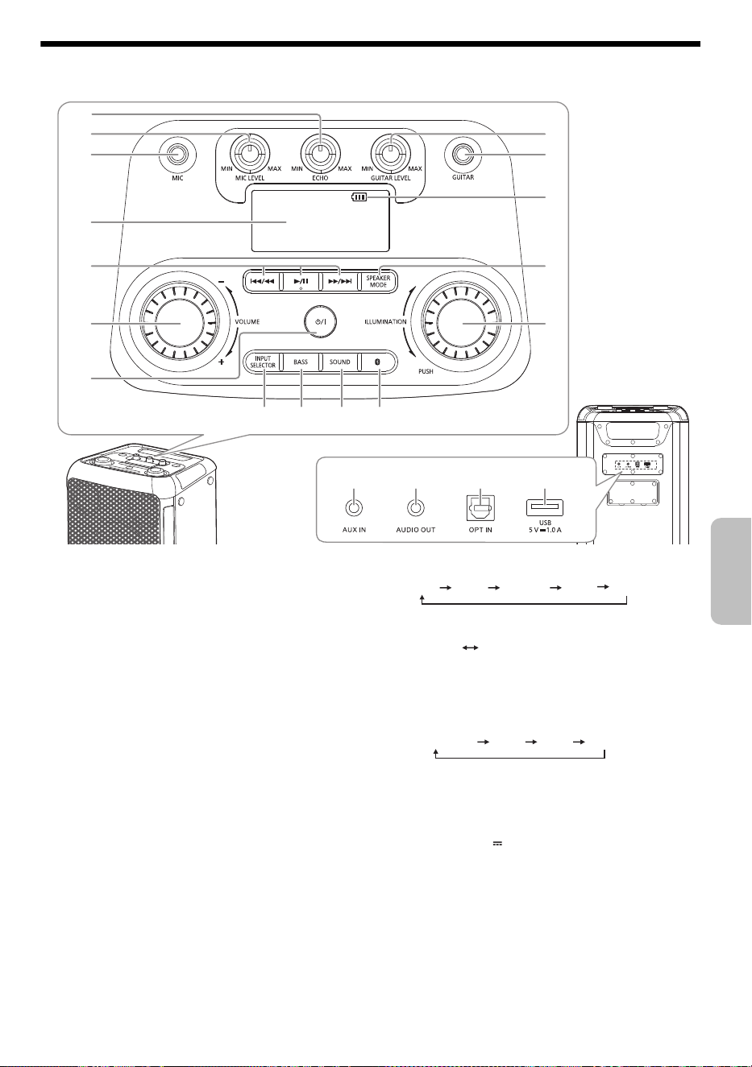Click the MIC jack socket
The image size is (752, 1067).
pos(178,155)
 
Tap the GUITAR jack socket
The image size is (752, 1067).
pos(463,155)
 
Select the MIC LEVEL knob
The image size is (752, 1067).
pos(249,153)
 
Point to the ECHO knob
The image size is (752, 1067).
pos(321,153)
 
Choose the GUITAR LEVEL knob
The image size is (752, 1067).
pos(391,153)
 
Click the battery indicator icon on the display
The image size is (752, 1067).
pos(359,196)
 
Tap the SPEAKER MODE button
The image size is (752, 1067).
pos(378,281)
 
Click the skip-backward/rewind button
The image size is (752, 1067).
pos(262,281)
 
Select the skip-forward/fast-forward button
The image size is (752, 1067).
pos(339,281)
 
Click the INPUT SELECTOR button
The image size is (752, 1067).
pos(262,362)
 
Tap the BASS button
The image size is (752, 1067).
pos(301,362)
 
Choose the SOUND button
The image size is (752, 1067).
pos(340,362)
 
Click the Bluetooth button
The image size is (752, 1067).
pos(378,362)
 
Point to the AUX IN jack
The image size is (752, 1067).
pos(354,508)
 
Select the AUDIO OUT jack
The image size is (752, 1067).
pos(416,508)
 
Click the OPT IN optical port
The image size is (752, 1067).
pos(480,508)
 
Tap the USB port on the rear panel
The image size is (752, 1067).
pos(545,507)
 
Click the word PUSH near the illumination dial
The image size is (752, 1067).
pos(426,371)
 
